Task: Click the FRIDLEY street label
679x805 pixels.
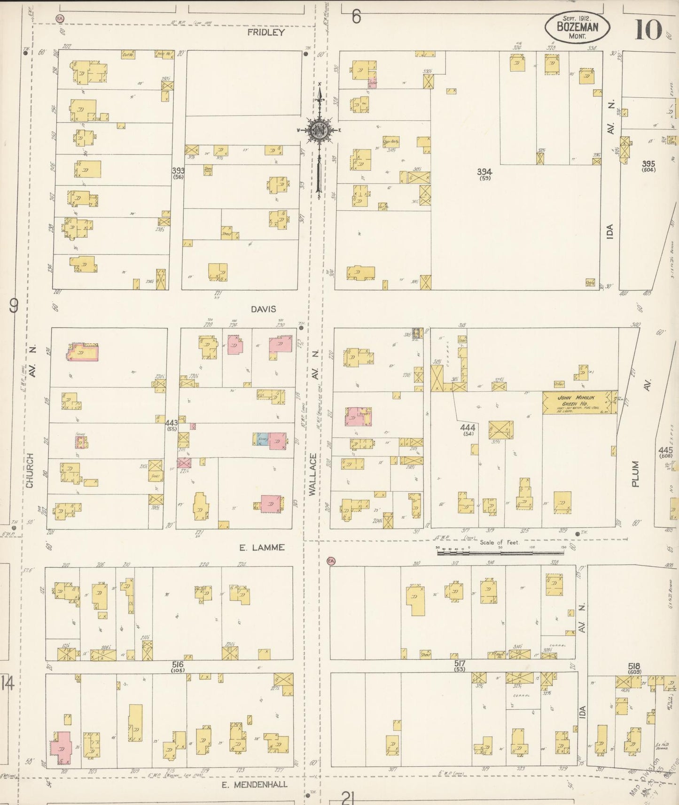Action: coord(266,32)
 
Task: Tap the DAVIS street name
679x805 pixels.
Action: coord(263,309)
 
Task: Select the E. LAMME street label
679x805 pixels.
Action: coord(262,547)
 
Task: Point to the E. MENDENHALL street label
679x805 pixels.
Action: coord(254,784)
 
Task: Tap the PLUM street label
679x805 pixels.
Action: coord(635,473)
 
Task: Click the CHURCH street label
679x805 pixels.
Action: coord(30,470)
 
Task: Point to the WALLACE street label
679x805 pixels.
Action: coord(313,474)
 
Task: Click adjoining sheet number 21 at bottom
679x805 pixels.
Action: coord(348,797)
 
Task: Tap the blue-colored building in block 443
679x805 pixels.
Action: coord(263,440)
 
